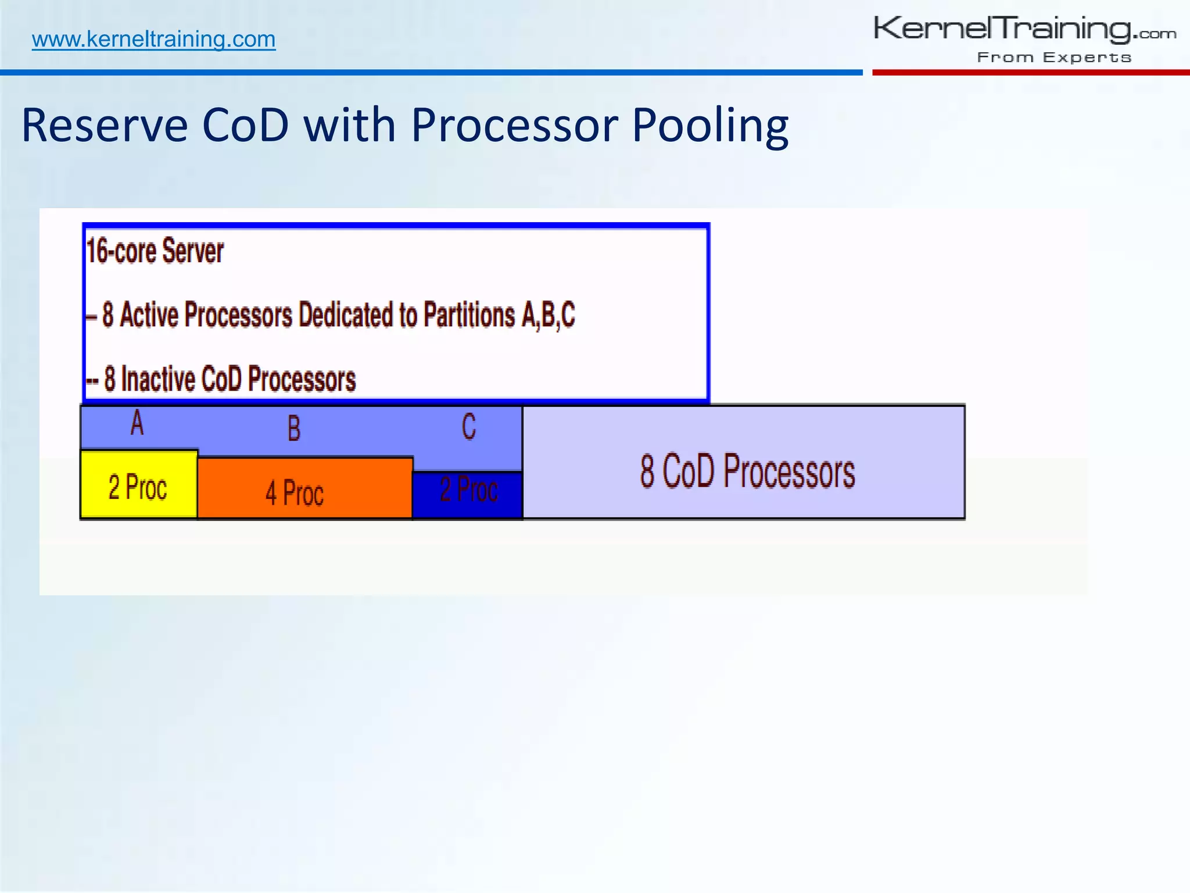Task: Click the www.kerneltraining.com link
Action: click(153, 39)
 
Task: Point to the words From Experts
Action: click(1054, 58)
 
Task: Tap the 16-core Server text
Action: click(155, 251)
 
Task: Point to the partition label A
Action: click(137, 423)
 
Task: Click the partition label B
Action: click(294, 429)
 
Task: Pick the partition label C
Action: click(469, 427)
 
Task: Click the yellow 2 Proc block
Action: click(138, 486)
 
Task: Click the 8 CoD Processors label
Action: click(747, 471)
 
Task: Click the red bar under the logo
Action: click(1031, 73)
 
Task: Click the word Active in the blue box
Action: click(149, 315)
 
